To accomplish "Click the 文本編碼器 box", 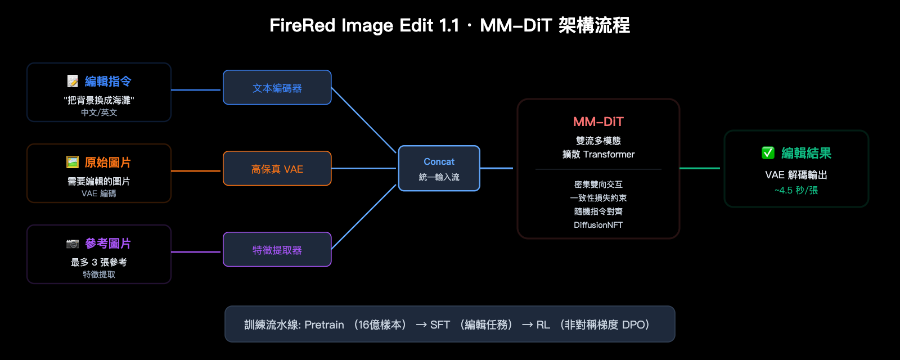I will [x=277, y=88].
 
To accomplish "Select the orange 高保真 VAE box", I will [x=277, y=169].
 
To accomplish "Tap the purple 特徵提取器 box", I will [x=277, y=250].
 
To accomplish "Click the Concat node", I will [x=439, y=168].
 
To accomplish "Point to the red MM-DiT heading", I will [x=598, y=121].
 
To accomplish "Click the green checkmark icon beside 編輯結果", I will [x=768, y=153].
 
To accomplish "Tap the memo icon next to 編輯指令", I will [x=73, y=82].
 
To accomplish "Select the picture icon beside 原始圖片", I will [x=73, y=163].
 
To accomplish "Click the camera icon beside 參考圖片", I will [x=73, y=244].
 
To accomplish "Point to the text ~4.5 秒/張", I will [x=796, y=190].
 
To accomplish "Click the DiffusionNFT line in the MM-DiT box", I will [x=598, y=225].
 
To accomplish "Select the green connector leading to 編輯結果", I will [x=700, y=168].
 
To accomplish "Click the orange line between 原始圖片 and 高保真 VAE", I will [x=196, y=170].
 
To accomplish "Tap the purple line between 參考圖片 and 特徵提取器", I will [x=196, y=251].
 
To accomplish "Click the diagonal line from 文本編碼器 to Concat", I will [x=364, y=120].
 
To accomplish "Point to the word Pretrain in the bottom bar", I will [x=324, y=325].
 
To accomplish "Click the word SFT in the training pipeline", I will [x=440, y=325].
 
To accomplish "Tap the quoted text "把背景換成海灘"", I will [x=99, y=100].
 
